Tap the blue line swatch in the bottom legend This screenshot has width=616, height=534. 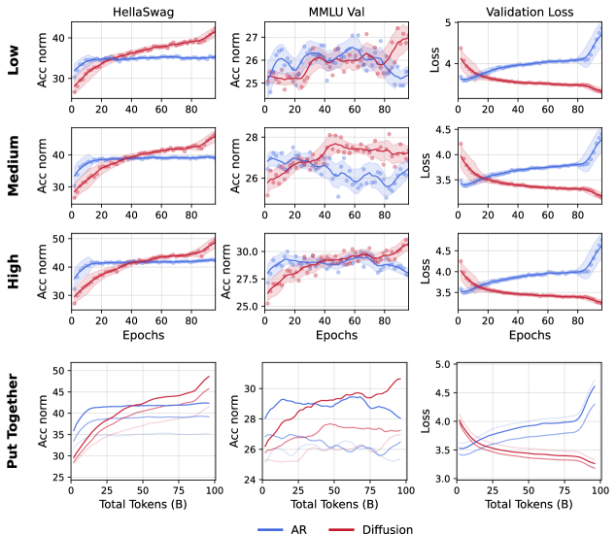pos(271,529)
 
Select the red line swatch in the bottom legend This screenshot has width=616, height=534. pos(341,529)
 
